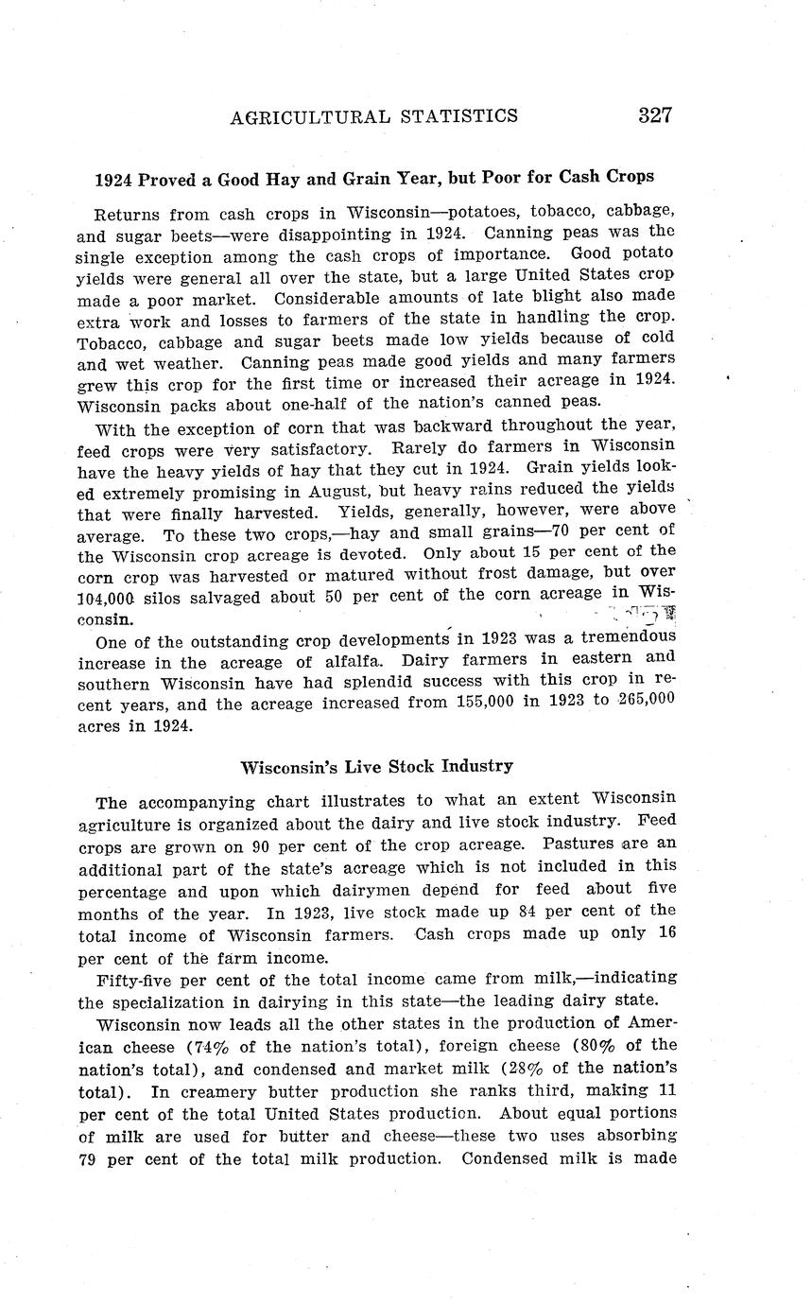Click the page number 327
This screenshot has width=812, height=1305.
pyautogui.click(x=654, y=116)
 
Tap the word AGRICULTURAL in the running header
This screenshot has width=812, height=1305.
pyautogui.click(x=310, y=116)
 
